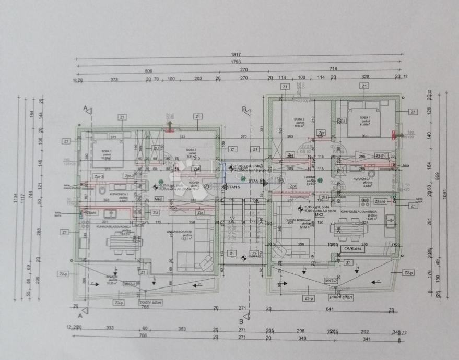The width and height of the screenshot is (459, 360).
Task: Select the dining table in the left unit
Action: [121, 241]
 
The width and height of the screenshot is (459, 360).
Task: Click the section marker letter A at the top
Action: [85, 108]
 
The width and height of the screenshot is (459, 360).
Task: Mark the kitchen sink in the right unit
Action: [389, 222]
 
